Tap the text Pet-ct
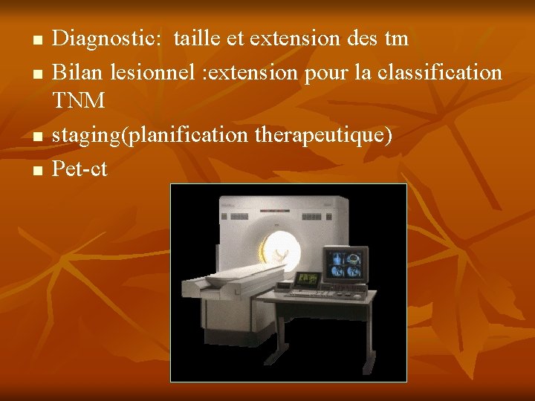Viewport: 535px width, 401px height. [x=80, y=169]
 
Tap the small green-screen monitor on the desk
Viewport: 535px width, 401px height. [x=307, y=279]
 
